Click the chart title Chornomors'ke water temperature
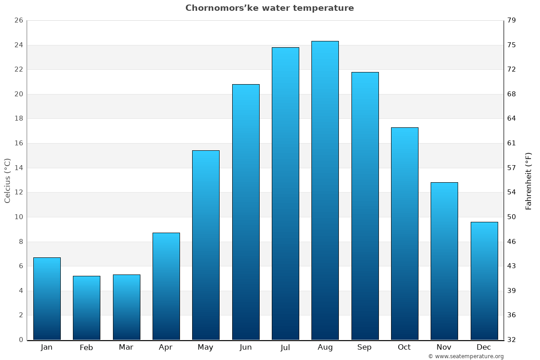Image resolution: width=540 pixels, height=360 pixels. (x=270, y=8)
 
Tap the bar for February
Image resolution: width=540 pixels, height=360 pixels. (x=86, y=308)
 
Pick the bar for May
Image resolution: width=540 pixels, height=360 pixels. (x=206, y=245)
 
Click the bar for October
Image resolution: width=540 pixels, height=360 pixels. (x=405, y=234)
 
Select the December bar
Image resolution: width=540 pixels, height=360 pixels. (x=484, y=281)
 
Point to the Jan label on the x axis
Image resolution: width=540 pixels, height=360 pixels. (x=47, y=347)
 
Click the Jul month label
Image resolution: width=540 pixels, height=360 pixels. (x=285, y=347)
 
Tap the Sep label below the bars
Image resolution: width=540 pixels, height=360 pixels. (x=364, y=347)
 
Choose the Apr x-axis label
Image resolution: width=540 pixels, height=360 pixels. (x=166, y=347)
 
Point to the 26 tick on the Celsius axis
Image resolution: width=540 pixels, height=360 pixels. (x=18, y=21)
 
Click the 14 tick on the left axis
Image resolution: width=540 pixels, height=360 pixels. (x=18, y=168)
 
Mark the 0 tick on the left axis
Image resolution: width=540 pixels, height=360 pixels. (x=21, y=340)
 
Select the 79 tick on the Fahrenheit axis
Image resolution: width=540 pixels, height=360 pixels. (x=512, y=21)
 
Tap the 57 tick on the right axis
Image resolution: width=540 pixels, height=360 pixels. (x=512, y=168)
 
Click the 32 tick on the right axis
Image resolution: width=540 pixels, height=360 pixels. (x=512, y=340)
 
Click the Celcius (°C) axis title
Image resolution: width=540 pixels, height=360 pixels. (x=8, y=180)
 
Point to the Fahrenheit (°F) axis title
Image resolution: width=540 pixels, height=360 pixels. (x=529, y=180)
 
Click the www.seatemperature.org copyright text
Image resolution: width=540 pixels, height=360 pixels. (x=466, y=356)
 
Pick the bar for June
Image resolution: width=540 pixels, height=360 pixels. (x=246, y=212)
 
